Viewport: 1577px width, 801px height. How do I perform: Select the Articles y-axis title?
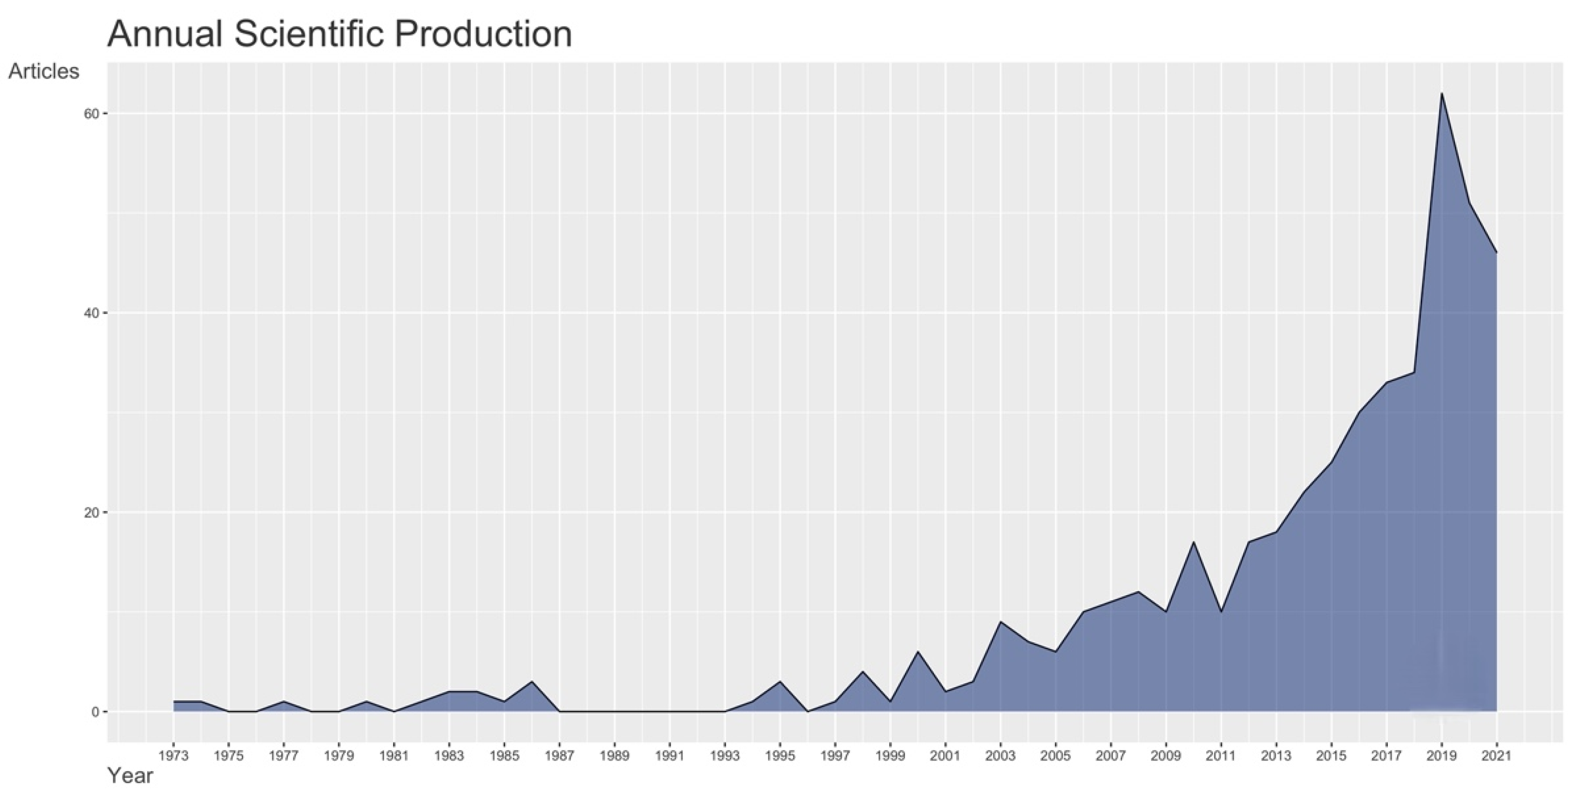pos(43,71)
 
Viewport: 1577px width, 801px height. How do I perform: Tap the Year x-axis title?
pos(130,776)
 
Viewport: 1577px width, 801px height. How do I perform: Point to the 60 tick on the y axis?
pos(91,114)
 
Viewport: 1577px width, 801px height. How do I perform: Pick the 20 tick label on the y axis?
pos(91,513)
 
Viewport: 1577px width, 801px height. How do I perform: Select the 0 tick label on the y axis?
pos(95,712)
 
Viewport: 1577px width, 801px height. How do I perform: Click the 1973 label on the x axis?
pos(173,756)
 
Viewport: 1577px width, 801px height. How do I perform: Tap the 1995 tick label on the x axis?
pos(780,756)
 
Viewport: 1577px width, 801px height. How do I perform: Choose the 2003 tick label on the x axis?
pos(1001,756)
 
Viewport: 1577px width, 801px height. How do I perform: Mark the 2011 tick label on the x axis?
pos(1220,756)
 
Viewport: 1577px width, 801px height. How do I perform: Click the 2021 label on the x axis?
pos(1496,756)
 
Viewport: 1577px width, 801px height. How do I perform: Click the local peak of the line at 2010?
pos(1193,542)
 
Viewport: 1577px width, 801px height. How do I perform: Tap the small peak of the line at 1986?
pos(532,682)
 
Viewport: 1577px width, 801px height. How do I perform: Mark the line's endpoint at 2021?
pos(1496,253)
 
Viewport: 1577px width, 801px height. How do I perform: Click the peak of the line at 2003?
pos(1001,622)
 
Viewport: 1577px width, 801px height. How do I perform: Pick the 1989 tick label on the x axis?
pos(615,756)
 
